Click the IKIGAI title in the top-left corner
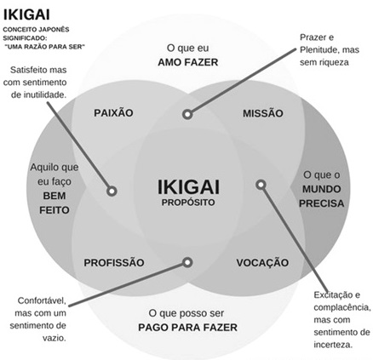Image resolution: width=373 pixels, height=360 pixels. [x=26, y=14]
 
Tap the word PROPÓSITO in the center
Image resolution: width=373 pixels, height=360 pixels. [x=188, y=203]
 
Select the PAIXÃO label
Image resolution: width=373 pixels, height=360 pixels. [x=113, y=112]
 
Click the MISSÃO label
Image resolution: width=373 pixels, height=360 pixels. [x=263, y=113]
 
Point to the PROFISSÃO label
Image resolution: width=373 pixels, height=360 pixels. [x=114, y=262]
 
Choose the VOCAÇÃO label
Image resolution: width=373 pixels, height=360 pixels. [x=262, y=262]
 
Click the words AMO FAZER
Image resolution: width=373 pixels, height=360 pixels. [x=188, y=62]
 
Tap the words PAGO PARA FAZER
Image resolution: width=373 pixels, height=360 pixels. [x=187, y=328]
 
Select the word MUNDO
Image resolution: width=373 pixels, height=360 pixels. [x=322, y=189]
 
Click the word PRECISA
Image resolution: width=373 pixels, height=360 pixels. [x=322, y=203]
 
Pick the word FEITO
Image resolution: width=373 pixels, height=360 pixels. [x=55, y=210]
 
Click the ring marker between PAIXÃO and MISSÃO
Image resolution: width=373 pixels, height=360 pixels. [x=187, y=114]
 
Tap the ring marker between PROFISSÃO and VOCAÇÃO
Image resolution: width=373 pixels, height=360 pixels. [x=187, y=262]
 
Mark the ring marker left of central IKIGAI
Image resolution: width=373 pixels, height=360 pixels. [x=112, y=191]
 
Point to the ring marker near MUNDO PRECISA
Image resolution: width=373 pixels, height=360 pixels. [x=261, y=185]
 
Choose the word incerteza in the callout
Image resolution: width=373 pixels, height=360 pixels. [x=333, y=345]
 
